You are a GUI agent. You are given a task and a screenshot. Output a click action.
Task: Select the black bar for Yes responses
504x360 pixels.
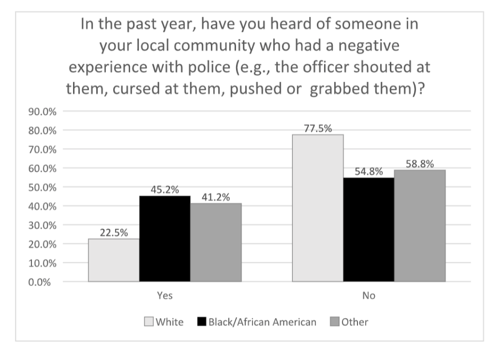165,239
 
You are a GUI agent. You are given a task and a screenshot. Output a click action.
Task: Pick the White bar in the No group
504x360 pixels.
317,208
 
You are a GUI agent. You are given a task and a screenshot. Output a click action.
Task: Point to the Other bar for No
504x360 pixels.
419,226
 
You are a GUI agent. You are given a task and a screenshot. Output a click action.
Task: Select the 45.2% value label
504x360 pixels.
165,190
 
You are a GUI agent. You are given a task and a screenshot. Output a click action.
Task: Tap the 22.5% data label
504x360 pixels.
114,233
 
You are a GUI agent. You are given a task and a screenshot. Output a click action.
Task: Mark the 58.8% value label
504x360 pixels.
419,164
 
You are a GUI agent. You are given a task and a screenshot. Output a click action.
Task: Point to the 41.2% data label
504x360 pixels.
215,197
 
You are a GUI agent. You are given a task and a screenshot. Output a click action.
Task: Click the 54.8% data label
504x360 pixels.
368,172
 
